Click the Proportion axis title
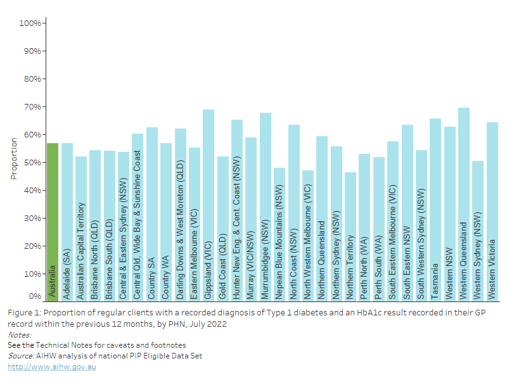point(13,158)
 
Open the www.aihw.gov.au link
point(51,367)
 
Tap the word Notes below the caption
point(19,334)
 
